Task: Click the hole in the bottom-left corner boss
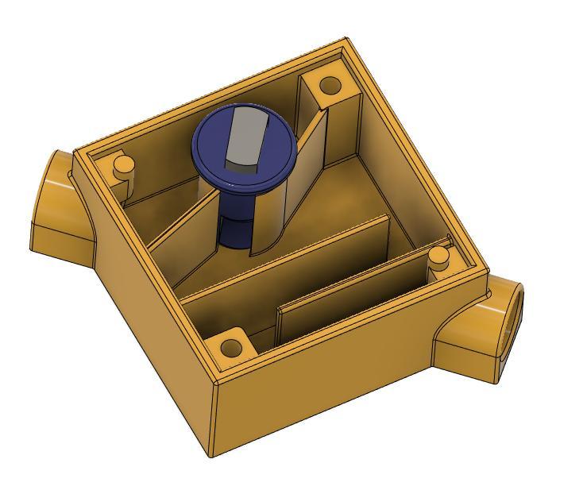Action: click(230, 347)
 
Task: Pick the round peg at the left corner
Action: click(123, 165)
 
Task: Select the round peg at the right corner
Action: click(438, 256)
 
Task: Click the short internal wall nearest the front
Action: click(349, 302)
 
